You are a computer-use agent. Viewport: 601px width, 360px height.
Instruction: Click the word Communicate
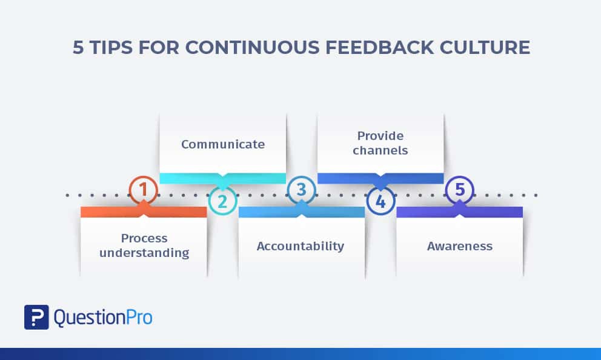click(x=223, y=144)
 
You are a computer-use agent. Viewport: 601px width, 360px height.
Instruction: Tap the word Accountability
click(x=300, y=246)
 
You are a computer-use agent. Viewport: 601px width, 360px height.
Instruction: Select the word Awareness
click(x=460, y=246)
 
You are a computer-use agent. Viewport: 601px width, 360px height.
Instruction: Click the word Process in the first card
click(x=144, y=238)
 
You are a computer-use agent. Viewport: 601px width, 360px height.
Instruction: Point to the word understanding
click(x=144, y=253)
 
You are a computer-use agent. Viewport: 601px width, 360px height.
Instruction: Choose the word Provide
click(x=380, y=136)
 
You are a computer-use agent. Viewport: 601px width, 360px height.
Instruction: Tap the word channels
click(x=380, y=150)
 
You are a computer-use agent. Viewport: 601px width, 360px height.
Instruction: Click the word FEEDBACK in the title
click(x=379, y=47)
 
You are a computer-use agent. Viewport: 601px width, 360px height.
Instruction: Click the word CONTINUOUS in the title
click(x=253, y=47)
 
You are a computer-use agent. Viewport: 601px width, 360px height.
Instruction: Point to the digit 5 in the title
click(x=78, y=47)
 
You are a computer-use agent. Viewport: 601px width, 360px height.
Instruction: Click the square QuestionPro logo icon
click(x=36, y=317)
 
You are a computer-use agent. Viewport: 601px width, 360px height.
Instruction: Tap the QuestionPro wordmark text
click(x=103, y=318)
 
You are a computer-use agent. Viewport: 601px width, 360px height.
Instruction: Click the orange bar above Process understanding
click(x=144, y=212)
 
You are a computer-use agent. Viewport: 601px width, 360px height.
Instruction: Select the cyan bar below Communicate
click(x=223, y=178)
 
